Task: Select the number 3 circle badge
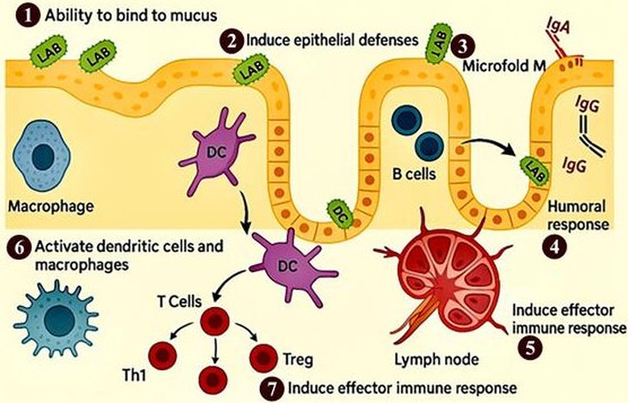[x=461, y=44]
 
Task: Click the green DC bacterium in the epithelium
[x=339, y=212]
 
